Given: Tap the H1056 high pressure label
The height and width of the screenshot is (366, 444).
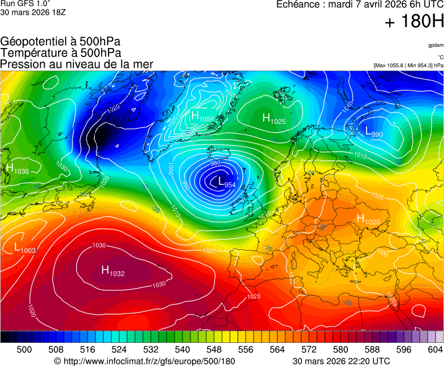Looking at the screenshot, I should point(202,117).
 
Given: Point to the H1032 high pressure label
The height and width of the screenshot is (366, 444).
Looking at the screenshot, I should point(112,271).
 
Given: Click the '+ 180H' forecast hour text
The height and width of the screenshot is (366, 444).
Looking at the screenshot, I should point(413,21).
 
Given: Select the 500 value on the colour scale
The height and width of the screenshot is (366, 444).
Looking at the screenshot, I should point(24,350).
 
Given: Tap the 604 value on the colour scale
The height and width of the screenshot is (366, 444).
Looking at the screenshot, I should point(435,350).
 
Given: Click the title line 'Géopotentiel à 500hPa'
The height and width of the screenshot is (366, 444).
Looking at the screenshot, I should point(60,42).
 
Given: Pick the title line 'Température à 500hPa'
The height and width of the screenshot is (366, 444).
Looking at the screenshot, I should point(60,53).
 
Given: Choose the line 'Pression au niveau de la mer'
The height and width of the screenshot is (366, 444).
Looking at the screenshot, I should point(77,64).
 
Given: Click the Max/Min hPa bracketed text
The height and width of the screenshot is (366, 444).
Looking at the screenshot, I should point(408,66).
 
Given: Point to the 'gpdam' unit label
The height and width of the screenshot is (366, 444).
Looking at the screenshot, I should point(435,45).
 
